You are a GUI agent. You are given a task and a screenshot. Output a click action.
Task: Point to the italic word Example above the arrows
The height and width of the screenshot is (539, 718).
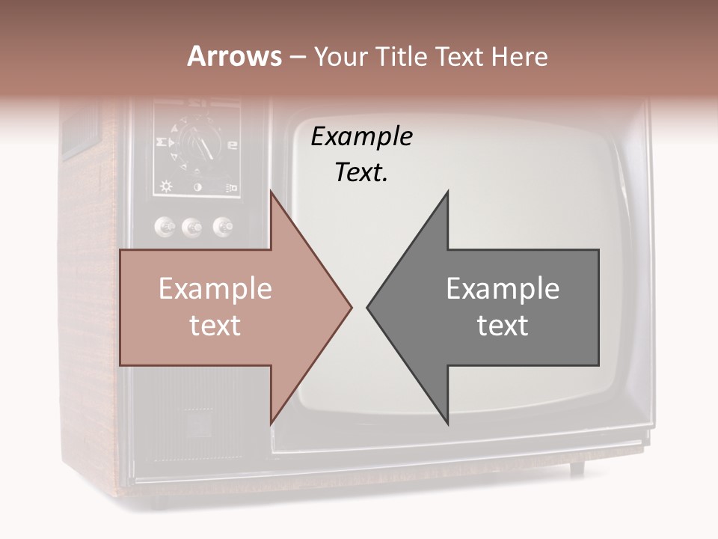tap(361, 136)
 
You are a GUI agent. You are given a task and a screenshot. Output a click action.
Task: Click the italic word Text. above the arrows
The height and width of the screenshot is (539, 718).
tap(361, 172)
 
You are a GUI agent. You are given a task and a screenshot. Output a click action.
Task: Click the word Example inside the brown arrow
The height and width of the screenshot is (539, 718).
tap(215, 288)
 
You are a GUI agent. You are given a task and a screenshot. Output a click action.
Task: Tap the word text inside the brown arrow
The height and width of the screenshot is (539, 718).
tap(215, 325)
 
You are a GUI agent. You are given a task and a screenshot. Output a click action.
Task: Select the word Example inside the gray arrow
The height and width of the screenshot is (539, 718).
tap(503, 288)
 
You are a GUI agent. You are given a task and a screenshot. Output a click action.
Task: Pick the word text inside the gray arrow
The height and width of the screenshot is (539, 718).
tap(503, 325)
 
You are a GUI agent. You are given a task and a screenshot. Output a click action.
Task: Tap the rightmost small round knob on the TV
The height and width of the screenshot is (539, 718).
tap(222, 225)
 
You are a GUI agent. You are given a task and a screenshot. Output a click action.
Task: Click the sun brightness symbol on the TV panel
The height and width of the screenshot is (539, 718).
tap(166, 187)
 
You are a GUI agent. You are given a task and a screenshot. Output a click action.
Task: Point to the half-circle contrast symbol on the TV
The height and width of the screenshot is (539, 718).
tap(198, 187)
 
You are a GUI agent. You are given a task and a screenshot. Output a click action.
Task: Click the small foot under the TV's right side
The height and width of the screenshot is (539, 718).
tap(577, 469)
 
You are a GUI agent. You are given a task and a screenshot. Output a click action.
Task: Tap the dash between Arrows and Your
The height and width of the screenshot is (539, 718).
tap(296, 58)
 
